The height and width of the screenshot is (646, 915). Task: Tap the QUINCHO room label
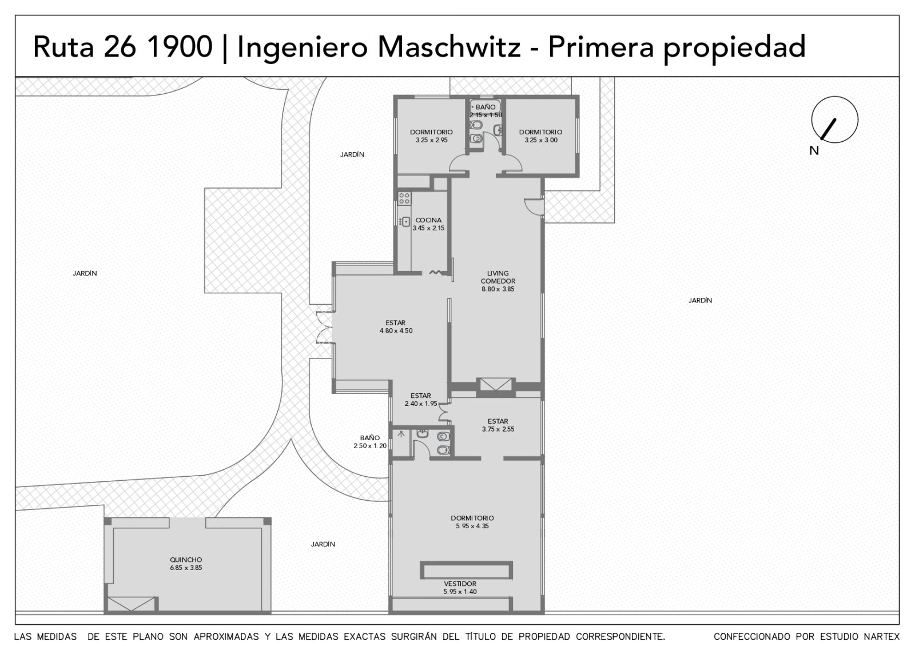[186, 560]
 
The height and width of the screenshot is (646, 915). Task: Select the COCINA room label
[428, 220]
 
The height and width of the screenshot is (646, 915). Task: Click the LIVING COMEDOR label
[498, 277]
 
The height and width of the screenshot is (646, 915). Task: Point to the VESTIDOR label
[460, 584]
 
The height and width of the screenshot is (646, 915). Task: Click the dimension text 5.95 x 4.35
[472, 526]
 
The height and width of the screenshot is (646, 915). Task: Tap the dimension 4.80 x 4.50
[396, 331]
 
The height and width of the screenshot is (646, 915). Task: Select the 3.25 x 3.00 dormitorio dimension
[541, 140]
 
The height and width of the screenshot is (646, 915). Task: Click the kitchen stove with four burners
[404, 198]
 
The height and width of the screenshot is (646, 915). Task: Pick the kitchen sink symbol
[405, 222]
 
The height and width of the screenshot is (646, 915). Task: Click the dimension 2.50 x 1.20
[369, 446]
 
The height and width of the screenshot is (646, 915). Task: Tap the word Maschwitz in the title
[449, 46]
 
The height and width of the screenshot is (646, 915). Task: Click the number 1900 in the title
[179, 46]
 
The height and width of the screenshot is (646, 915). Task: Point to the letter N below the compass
[814, 151]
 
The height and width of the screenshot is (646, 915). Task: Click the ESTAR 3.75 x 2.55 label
[498, 425]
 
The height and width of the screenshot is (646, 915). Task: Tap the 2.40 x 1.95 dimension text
[421, 404]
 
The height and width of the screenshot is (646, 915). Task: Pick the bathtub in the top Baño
[485, 106]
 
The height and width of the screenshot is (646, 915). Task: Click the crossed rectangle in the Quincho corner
[131, 604]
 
